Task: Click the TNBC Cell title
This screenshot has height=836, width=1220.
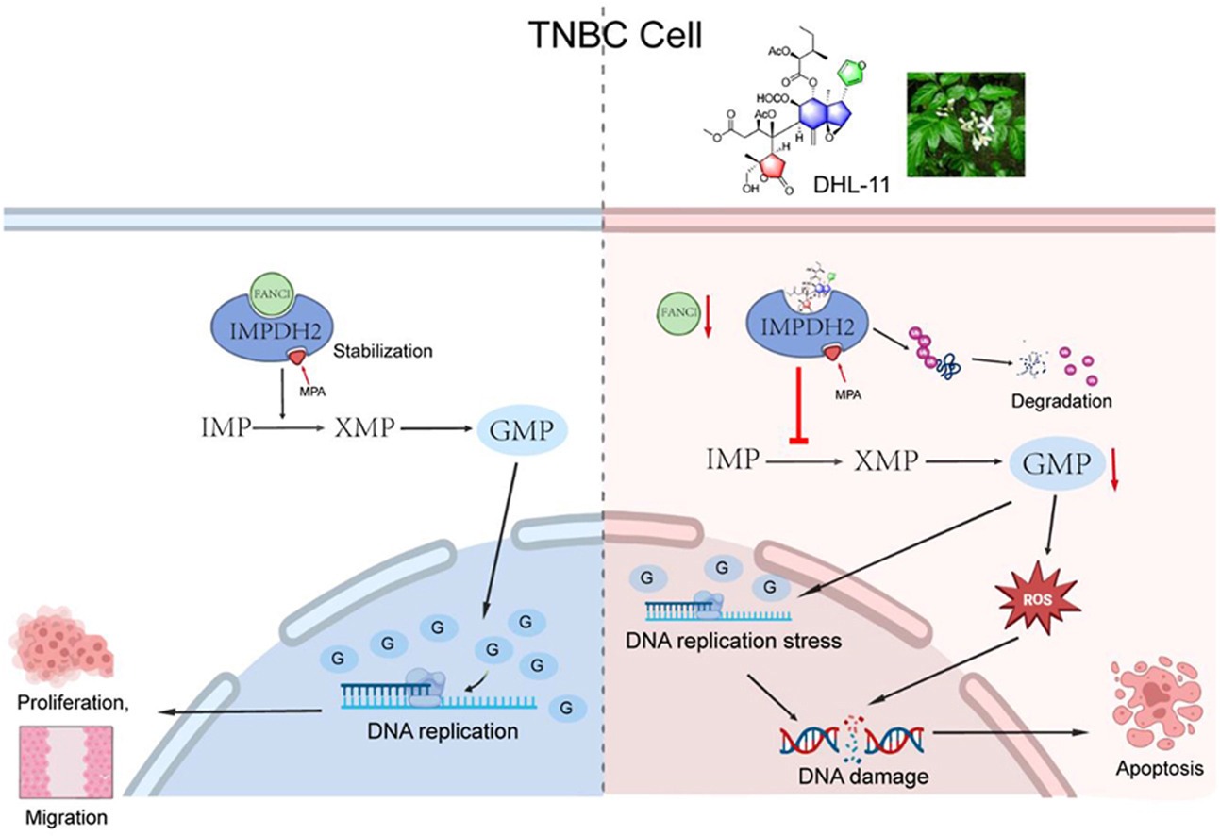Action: [x=604, y=37]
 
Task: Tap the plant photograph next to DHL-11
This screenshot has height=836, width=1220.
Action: [x=963, y=124]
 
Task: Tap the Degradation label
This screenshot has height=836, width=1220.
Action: [x=1061, y=401]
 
